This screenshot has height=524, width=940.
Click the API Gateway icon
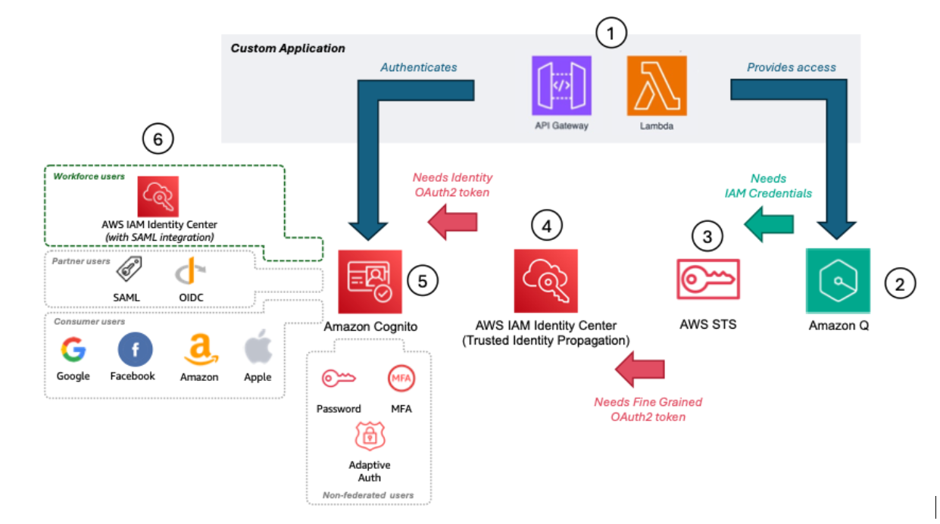(x=561, y=86)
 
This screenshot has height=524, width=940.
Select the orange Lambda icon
(x=656, y=86)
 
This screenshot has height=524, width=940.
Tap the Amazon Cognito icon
(x=369, y=280)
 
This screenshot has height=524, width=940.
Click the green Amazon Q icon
(x=837, y=280)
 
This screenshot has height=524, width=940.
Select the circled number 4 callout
(x=547, y=225)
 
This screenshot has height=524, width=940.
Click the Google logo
(x=73, y=351)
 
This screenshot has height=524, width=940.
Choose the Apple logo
(x=258, y=351)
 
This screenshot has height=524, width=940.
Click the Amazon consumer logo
(x=199, y=351)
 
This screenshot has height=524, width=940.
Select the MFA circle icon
(x=401, y=378)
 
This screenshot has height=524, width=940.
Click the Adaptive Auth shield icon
(x=369, y=437)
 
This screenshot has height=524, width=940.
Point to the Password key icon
(x=337, y=378)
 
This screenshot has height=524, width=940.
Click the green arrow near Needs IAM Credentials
(x=768, y=223)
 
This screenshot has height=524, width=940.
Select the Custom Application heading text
(x=288, y=48)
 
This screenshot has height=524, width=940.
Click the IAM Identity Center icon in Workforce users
(x=158, y=197)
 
